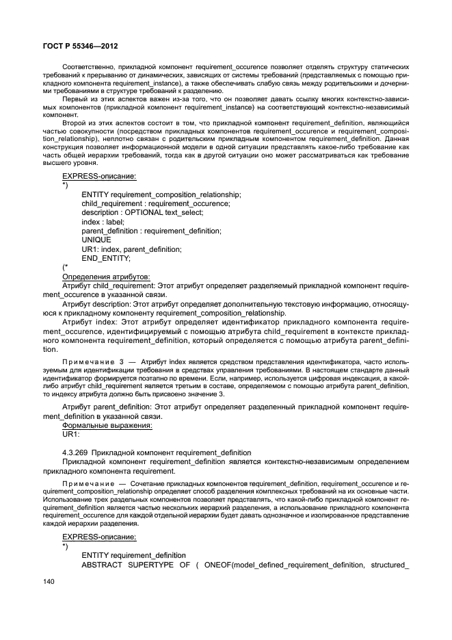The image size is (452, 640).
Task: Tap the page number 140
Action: coord(49,580)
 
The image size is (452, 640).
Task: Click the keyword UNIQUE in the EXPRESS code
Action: coord(96,240)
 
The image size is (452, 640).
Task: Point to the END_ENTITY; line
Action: coord(106,259)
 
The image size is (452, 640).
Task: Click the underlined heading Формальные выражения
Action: coord(107,425)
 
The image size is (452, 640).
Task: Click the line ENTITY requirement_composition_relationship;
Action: coord(161,194)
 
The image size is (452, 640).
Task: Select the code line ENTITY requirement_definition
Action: coord(133,554)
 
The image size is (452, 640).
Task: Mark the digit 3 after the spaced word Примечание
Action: coord(121,359)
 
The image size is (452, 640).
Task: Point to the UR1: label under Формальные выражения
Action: coord(71,434)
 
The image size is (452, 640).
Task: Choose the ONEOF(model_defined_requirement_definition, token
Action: coord(286,564)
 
